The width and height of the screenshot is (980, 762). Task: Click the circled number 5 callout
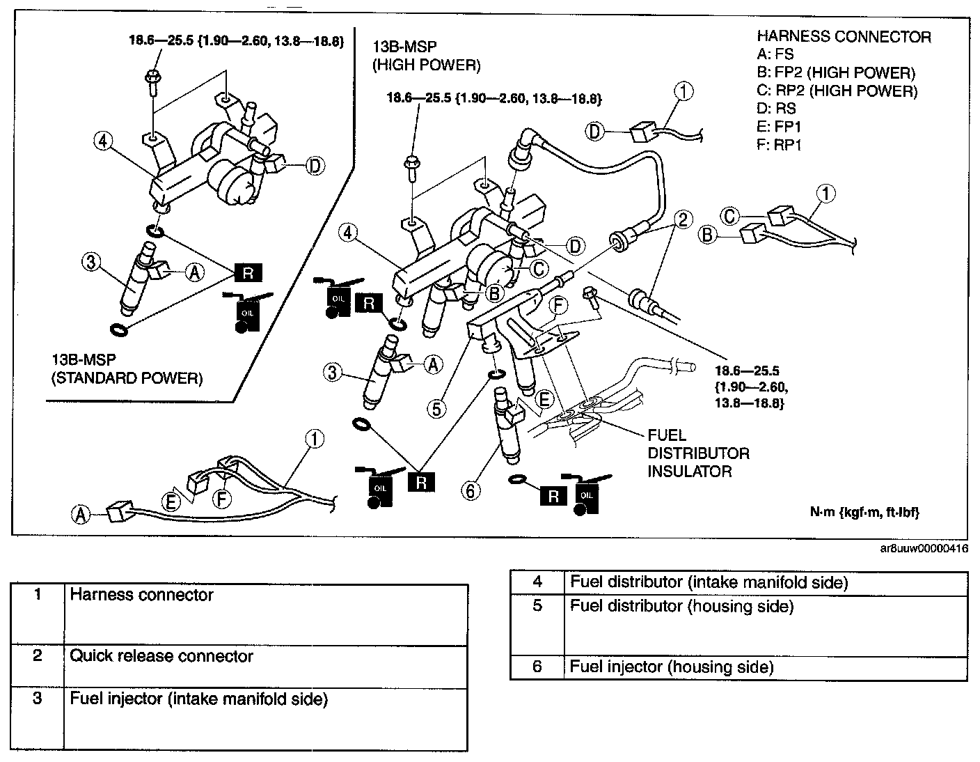click(436, 408)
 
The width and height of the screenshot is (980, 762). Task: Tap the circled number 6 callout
click(471, 491)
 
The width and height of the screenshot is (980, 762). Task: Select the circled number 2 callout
click(683, 220)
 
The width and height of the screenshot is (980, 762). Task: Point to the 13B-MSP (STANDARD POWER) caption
click(127, 369)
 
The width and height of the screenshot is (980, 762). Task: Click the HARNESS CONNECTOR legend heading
click(844, 37)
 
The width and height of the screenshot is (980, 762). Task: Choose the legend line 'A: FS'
click(775, 55)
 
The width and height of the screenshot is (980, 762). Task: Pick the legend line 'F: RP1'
click(779, 146)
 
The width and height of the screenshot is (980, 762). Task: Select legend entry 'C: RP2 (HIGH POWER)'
click(837, 91)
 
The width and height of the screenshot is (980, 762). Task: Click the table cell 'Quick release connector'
click(161, 656)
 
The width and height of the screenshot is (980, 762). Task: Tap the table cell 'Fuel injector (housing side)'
click(672, 667)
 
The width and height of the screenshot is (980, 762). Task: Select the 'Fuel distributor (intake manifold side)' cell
click(709, 582)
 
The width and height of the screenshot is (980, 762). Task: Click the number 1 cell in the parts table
click(38, 595)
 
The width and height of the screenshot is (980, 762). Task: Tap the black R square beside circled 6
click(553, 495)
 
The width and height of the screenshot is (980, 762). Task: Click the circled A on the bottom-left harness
click(81, 514)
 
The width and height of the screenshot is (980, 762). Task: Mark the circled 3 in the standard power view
click(91, 262)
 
